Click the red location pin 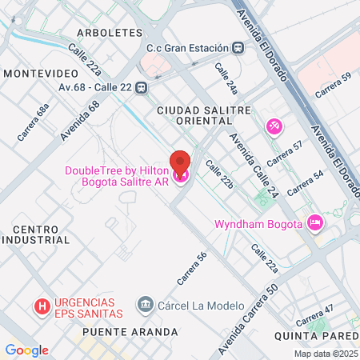pos(180,163)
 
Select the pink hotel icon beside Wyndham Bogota pos(314,222)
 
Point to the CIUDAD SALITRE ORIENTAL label pos(204,115)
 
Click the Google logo pos(26,350)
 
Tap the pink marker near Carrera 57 pos(274,126)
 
